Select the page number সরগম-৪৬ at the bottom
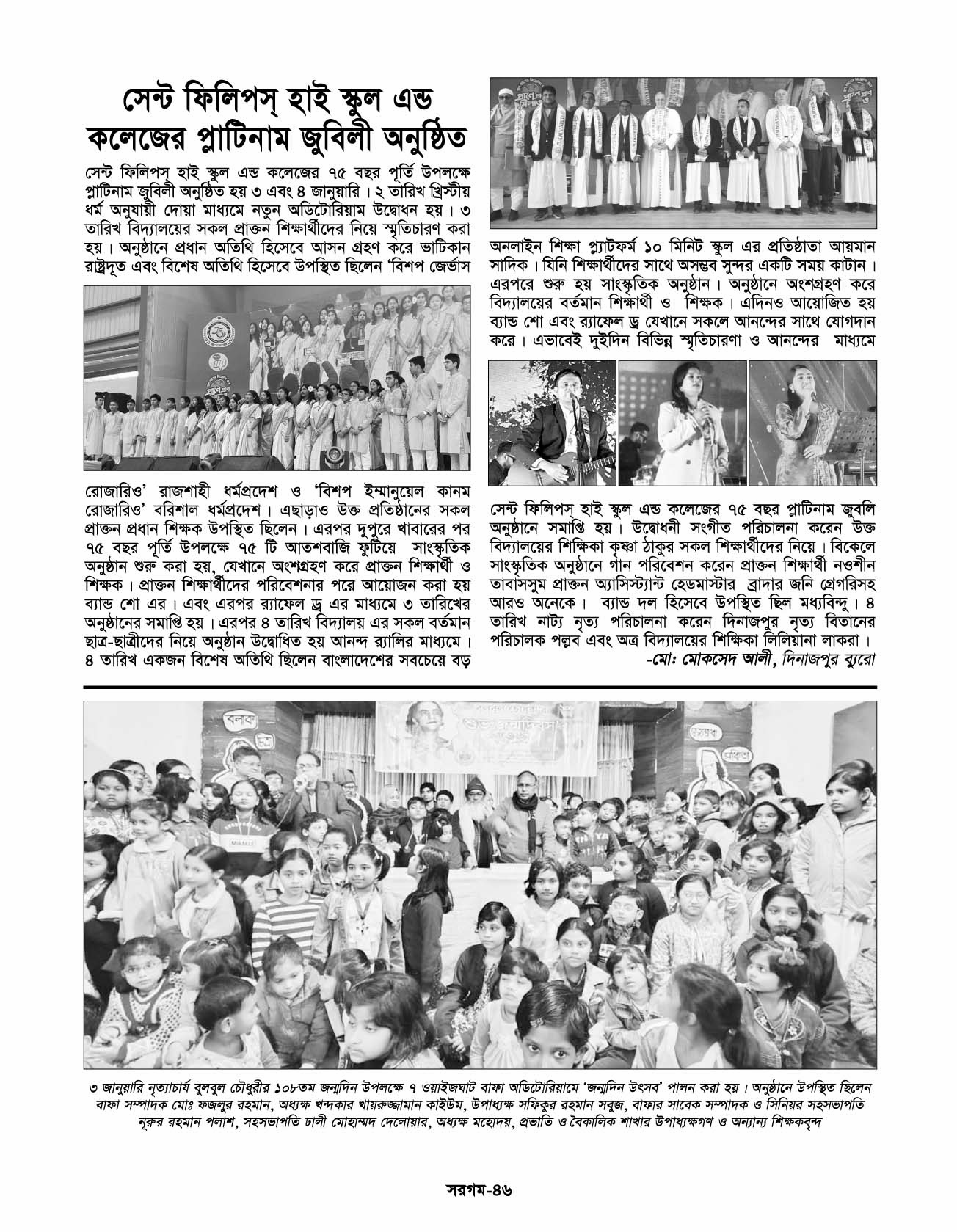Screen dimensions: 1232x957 (478, 1187)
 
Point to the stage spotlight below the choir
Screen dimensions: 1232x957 (334, 454)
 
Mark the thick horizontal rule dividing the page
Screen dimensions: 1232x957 (478, 688)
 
